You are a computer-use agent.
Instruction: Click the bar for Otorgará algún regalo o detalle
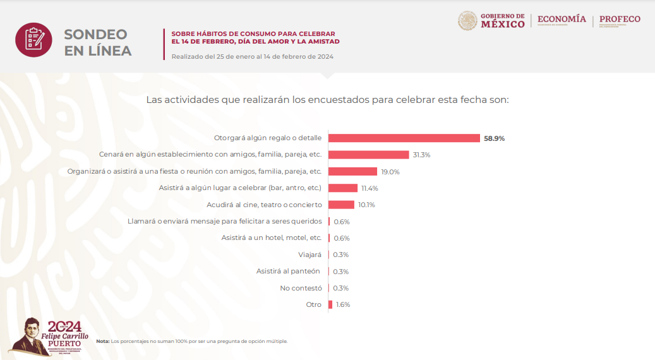click(404, 138)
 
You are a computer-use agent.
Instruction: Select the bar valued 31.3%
click(369, 155)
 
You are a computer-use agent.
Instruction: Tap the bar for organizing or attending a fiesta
click(352, 171)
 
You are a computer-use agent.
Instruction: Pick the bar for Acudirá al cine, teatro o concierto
click(341, 205)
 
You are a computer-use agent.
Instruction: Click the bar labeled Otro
click(330, 304)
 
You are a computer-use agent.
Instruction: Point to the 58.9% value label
click(495, 138)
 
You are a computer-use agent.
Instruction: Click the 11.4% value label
click(370, 188)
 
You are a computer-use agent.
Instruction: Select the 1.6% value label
click(343, 304)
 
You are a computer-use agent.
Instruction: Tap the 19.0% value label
click(390, 172)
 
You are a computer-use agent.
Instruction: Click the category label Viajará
click(310, 255)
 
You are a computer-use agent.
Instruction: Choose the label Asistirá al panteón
click(288, 271)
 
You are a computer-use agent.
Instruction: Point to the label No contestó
click(301, 288)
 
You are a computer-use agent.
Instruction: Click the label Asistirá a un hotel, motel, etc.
click(272, 238)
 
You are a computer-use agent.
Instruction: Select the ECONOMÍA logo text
click(562, 19)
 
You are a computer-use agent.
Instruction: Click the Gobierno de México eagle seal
click(467, 21)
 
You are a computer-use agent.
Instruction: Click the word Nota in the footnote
click(102, 341)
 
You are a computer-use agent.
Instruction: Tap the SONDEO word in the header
click(95, 35)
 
